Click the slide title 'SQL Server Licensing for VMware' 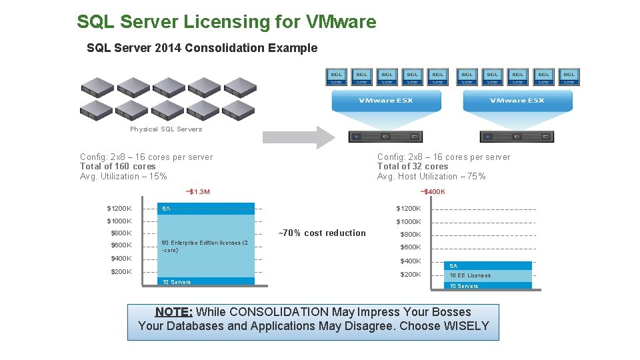pyautogui.click(x=226, y=22)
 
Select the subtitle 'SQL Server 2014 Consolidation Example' pyautogui.click(x=202, y=48)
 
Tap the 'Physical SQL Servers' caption pyautogui.click(x=166, y=129)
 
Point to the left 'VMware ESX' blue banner pyautogui.click(x=386, y=101)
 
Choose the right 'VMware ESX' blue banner pyautogui.click(x=517, y=101)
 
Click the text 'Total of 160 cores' pyautogui.click(x=117, y=167)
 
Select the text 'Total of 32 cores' pyautogui.click(x=413, y=167)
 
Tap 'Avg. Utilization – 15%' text pyautogui.click(x=123, y=177)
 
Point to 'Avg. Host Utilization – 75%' pyautogui.click(x=431, y=177)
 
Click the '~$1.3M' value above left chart pyautogui.click(x=197, y=192)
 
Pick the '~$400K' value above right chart pyautogui.click(x=433, y=192)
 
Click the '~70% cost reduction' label pyautogui.click(x=322, y=233)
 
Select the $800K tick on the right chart pyautogui.click(x=411, y=235)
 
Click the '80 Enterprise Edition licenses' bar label pyautogui.click(x=205, y=246)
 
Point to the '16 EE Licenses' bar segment pyautogui.click(x=470, y=275)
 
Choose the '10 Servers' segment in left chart pyautogui.click(x=176, y=282)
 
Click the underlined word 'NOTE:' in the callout pyautogui.click(x=174, y=312)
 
